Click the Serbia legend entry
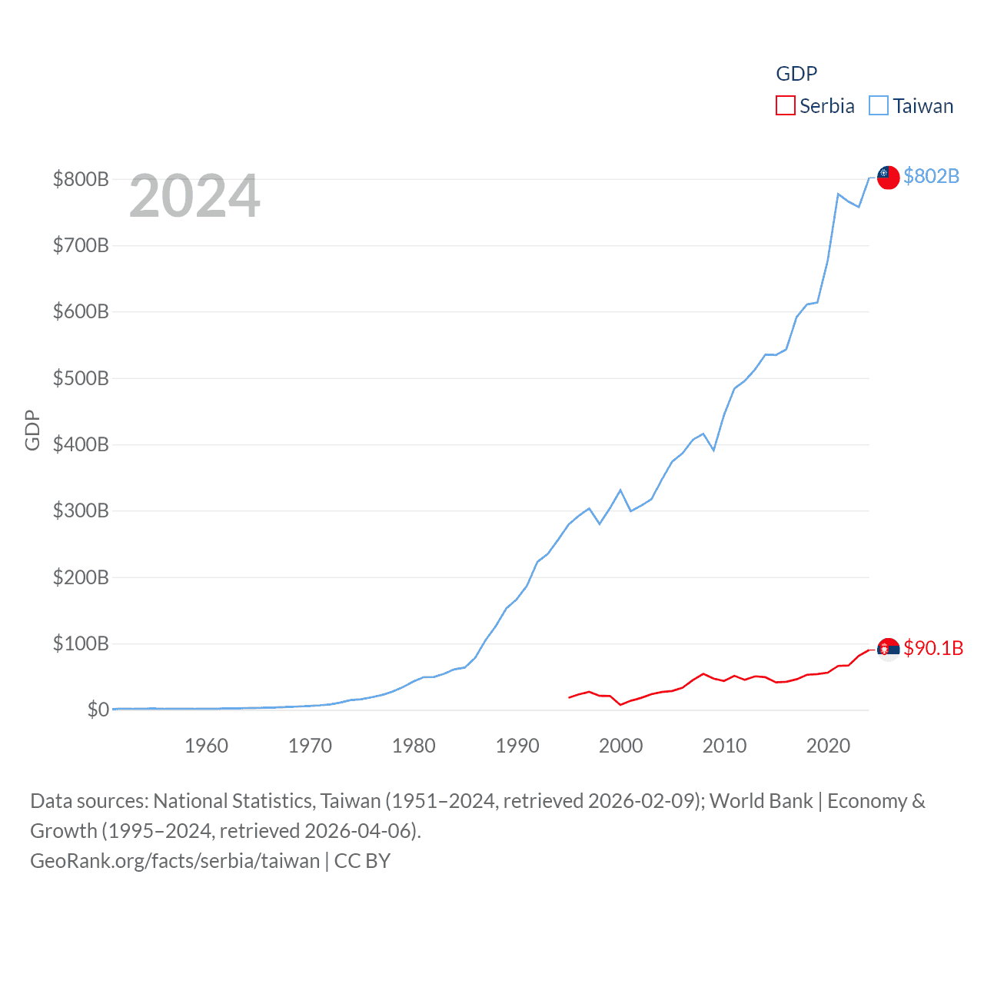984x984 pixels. point(816,106)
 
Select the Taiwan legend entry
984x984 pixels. point(911,106)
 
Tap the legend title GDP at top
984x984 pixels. point(796,74)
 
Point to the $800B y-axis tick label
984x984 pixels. point(81,179)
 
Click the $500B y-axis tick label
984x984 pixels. point(81,378)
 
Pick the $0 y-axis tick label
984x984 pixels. point(98,710)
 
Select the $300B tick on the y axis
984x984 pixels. point(81,510)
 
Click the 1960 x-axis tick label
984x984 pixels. point(206,746)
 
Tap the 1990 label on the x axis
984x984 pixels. point(517,746)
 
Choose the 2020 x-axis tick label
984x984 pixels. point(828,746)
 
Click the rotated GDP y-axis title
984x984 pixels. point(32,430)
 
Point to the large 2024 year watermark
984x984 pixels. point(194,196)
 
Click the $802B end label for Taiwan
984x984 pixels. point(931,176)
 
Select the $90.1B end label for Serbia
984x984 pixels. point(932,648)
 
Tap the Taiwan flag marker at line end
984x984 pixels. point(888,177)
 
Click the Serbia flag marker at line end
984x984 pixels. point(888,649)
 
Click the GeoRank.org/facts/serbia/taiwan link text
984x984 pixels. point(175,860)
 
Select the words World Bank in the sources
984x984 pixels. point(760,801)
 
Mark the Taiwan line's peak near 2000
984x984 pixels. point(620,490)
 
